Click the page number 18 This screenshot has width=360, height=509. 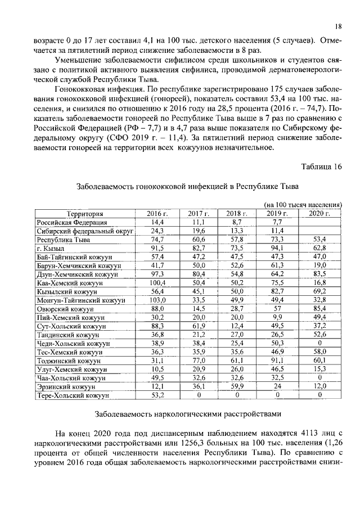(x=338, y=26)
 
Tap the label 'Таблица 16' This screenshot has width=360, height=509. (x=321, y=166)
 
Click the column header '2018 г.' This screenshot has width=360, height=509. (x=237, y=214)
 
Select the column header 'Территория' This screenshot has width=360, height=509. (x=85, y=214)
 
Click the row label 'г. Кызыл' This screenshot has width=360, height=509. (x=51, y=249)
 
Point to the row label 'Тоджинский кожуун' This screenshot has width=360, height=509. (x=69, y=360)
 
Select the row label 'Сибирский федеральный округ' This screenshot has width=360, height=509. (x=84, y=231)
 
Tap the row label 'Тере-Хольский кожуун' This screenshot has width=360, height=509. (x=73, y=395)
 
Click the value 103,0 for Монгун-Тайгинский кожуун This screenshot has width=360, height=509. (x=157, y=300)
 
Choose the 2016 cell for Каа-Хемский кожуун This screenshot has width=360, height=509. (x=157, y=283)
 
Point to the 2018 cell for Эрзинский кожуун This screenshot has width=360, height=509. (x=237, y=386)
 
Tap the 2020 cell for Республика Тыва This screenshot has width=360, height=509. (x=319, y=240)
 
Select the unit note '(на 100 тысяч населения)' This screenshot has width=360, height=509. (x=303, y=205)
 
